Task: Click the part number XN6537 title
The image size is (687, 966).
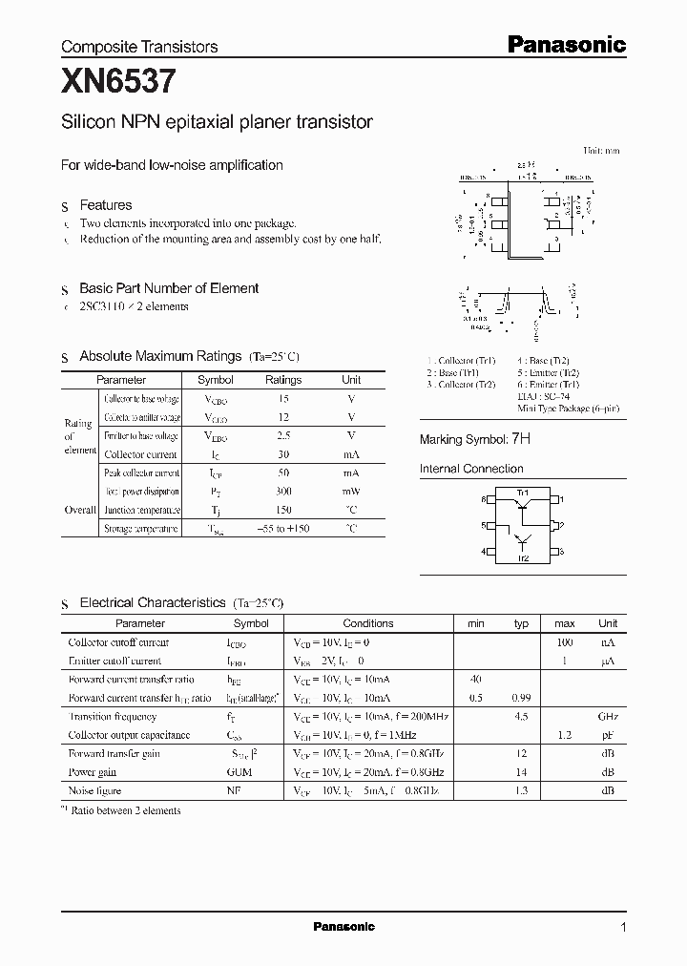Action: [x=118, y=83]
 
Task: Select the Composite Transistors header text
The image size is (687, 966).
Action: [x=139, y=46]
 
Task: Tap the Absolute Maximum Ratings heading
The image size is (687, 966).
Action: [x=160, y=356]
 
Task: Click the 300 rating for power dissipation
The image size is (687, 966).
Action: [x=283, y=492]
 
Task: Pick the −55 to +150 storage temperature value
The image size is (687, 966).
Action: [x=283, y=529]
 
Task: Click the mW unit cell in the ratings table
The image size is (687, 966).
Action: [x=351, y=492]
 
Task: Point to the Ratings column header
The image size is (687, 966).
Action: [x=283, y=380]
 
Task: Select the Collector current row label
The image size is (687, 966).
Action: [x=140, y=454]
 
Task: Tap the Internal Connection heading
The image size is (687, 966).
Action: [x=471, y=469]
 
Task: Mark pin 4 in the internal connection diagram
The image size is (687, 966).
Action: [x=485, y=552]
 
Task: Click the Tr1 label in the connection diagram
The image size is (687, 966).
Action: [x=522, y=492]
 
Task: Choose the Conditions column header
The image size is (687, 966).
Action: [x=367, y=623]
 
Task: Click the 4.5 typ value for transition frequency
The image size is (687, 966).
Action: [x=521, y=716]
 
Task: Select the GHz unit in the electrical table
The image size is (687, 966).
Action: [x=607, y=716]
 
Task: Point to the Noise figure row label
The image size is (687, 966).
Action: [x=95, y=790]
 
